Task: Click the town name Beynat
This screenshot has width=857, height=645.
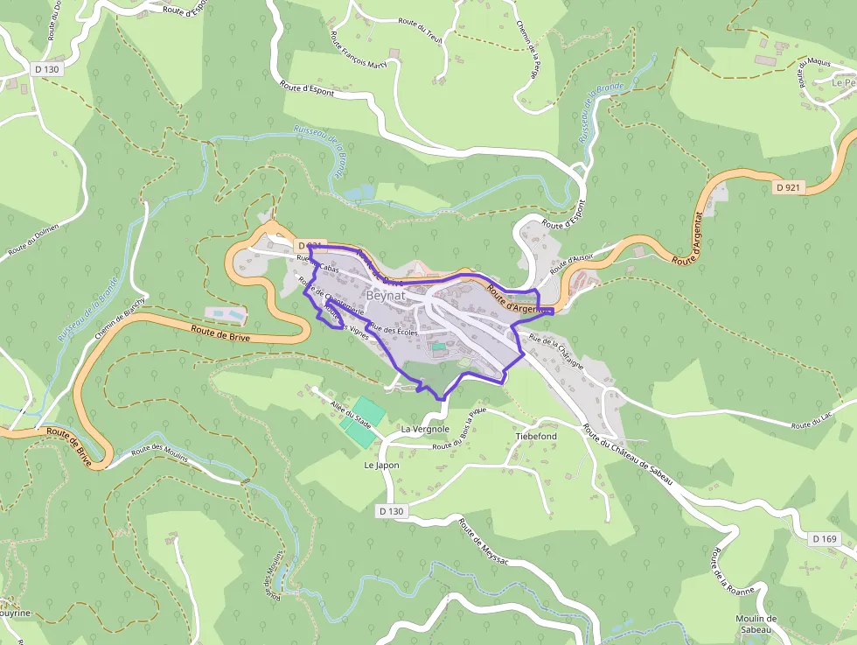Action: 386,296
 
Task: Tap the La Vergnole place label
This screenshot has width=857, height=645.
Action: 425,430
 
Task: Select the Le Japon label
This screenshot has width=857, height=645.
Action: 381,466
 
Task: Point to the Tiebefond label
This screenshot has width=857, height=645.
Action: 536,436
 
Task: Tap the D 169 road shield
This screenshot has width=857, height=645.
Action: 825,539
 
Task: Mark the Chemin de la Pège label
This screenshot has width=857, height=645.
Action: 529,47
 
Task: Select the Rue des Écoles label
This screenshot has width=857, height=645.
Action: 395,330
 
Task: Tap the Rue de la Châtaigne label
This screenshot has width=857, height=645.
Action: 556,350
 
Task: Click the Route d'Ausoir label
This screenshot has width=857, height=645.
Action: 573,260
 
